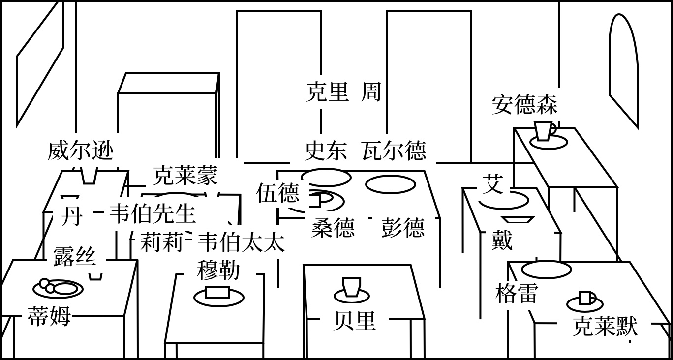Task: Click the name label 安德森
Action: [x=524, y=105]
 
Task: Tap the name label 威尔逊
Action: [x=80, y=150]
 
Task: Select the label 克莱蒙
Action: [x=185, y=175]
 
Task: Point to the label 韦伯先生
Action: [x=152, y=213]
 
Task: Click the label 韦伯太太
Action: [x=241, y=242]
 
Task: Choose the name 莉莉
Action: [x=161, y=242]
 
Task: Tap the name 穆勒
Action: [x=218, y=270]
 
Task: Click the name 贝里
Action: [x=354, y=321]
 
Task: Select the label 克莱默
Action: [x=605, y=326]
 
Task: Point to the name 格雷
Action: [x=516, y=293]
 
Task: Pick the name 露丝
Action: [x=74, y=256]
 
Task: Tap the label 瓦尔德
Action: [x=394, y=150]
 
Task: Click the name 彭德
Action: [x=402, y=228]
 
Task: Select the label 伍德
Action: [x=277, y=193]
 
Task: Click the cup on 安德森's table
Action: [x=544, y=131]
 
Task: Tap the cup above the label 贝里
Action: [x=352, y=287]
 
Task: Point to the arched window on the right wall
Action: [x=623, y=69]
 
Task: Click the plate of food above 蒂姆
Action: [x=58, y=288]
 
